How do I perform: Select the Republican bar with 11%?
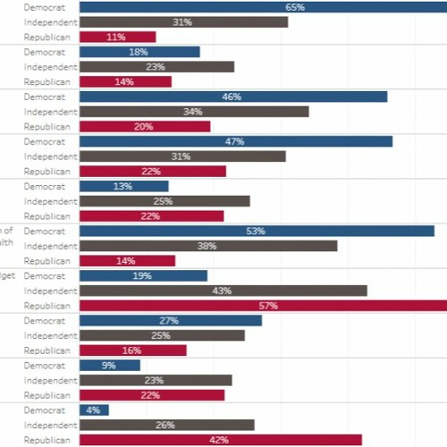(117, 37)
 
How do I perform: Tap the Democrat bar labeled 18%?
(139, 52)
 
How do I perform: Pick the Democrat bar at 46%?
(233, 97)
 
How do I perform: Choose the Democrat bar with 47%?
(236, 141)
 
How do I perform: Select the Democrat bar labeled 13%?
(123, 186)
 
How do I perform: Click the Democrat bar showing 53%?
(256, 231)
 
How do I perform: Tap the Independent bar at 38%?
(208, 246)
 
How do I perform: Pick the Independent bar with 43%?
(223, 291)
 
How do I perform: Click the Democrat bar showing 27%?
(171, 320)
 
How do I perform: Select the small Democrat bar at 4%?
(94, 409)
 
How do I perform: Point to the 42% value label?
(220, 440)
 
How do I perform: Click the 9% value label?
(109, 365)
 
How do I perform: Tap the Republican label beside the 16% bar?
(46, 350)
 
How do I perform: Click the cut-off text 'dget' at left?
(7, 276)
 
